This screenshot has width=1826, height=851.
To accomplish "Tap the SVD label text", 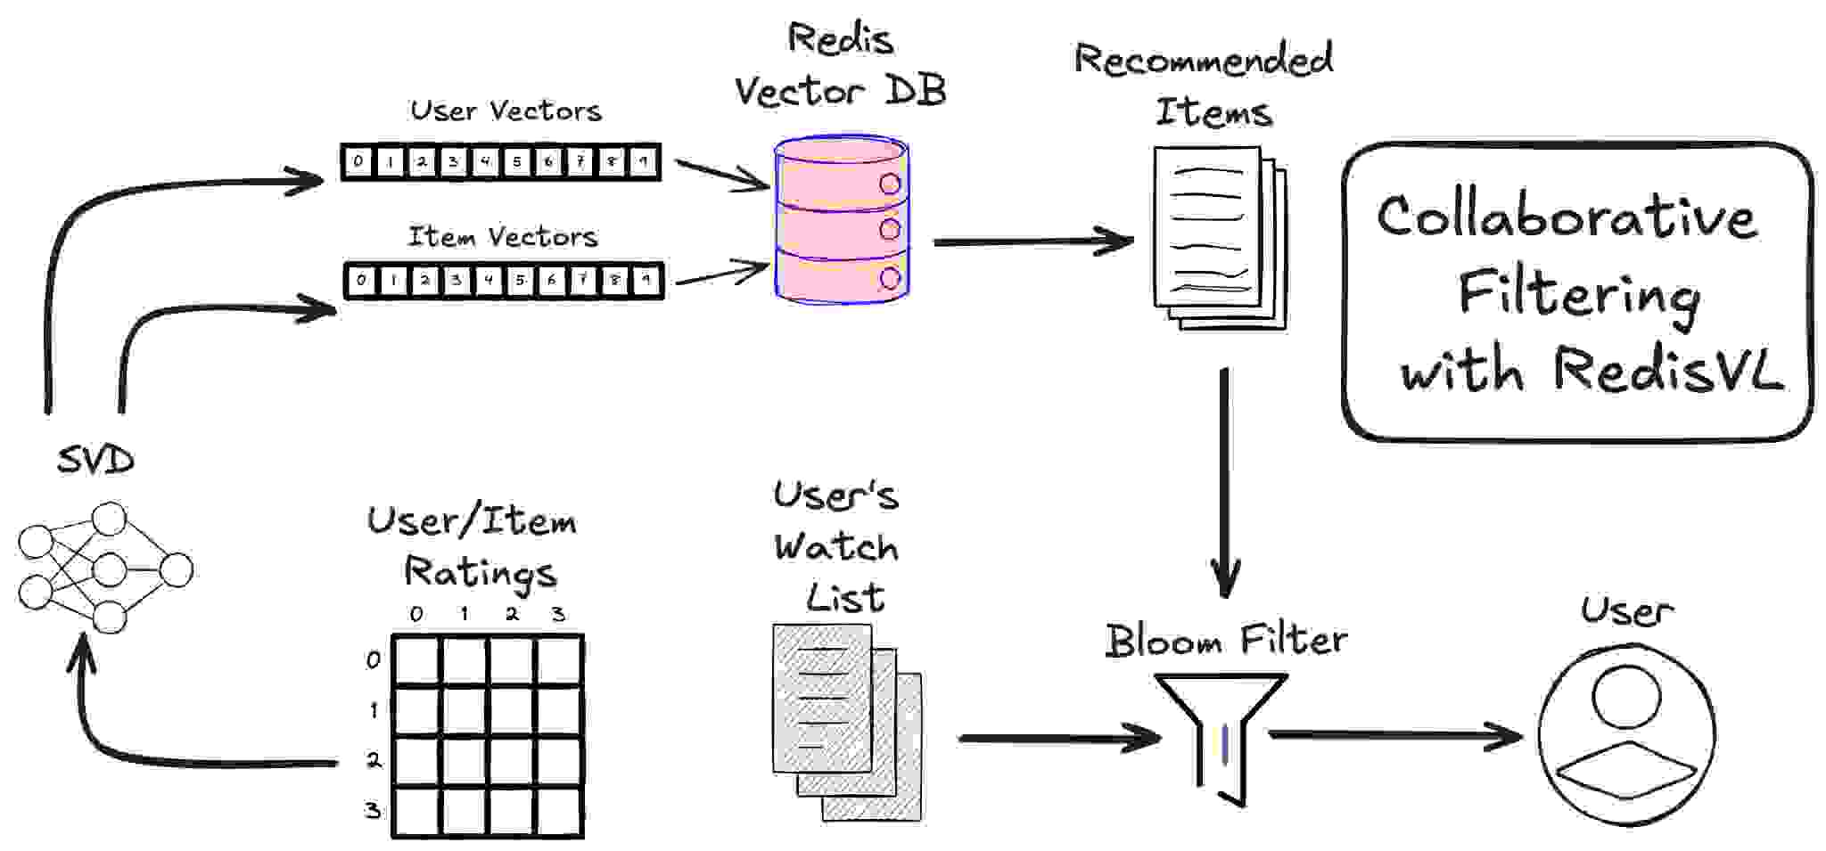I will point(95,461).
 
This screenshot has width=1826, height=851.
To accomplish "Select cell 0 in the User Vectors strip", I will point(358,162).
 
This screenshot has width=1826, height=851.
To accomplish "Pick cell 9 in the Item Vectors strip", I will point(646,281).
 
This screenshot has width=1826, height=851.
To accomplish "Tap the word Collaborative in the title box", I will point(1567,217).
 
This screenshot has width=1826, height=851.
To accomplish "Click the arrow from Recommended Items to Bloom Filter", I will point(1225,481).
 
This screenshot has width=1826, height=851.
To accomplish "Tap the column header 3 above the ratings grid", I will point(558,614).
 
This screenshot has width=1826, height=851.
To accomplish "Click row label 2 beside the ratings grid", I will point(374,760).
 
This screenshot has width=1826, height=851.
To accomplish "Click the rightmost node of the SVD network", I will point(176,570).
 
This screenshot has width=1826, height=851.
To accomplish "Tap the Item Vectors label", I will point(502,237).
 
